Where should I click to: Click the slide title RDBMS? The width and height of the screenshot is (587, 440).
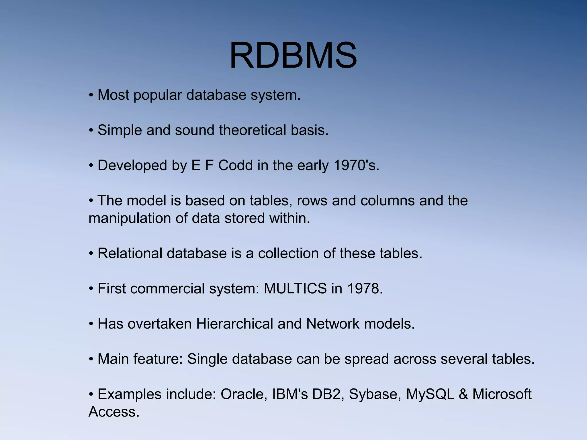(x=293, y=55)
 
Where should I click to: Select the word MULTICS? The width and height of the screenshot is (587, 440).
(x=295, y=289)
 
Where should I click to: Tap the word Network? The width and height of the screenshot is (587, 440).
(x=332, y=324)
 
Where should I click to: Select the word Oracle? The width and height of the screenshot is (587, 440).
(x=244, y=394)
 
